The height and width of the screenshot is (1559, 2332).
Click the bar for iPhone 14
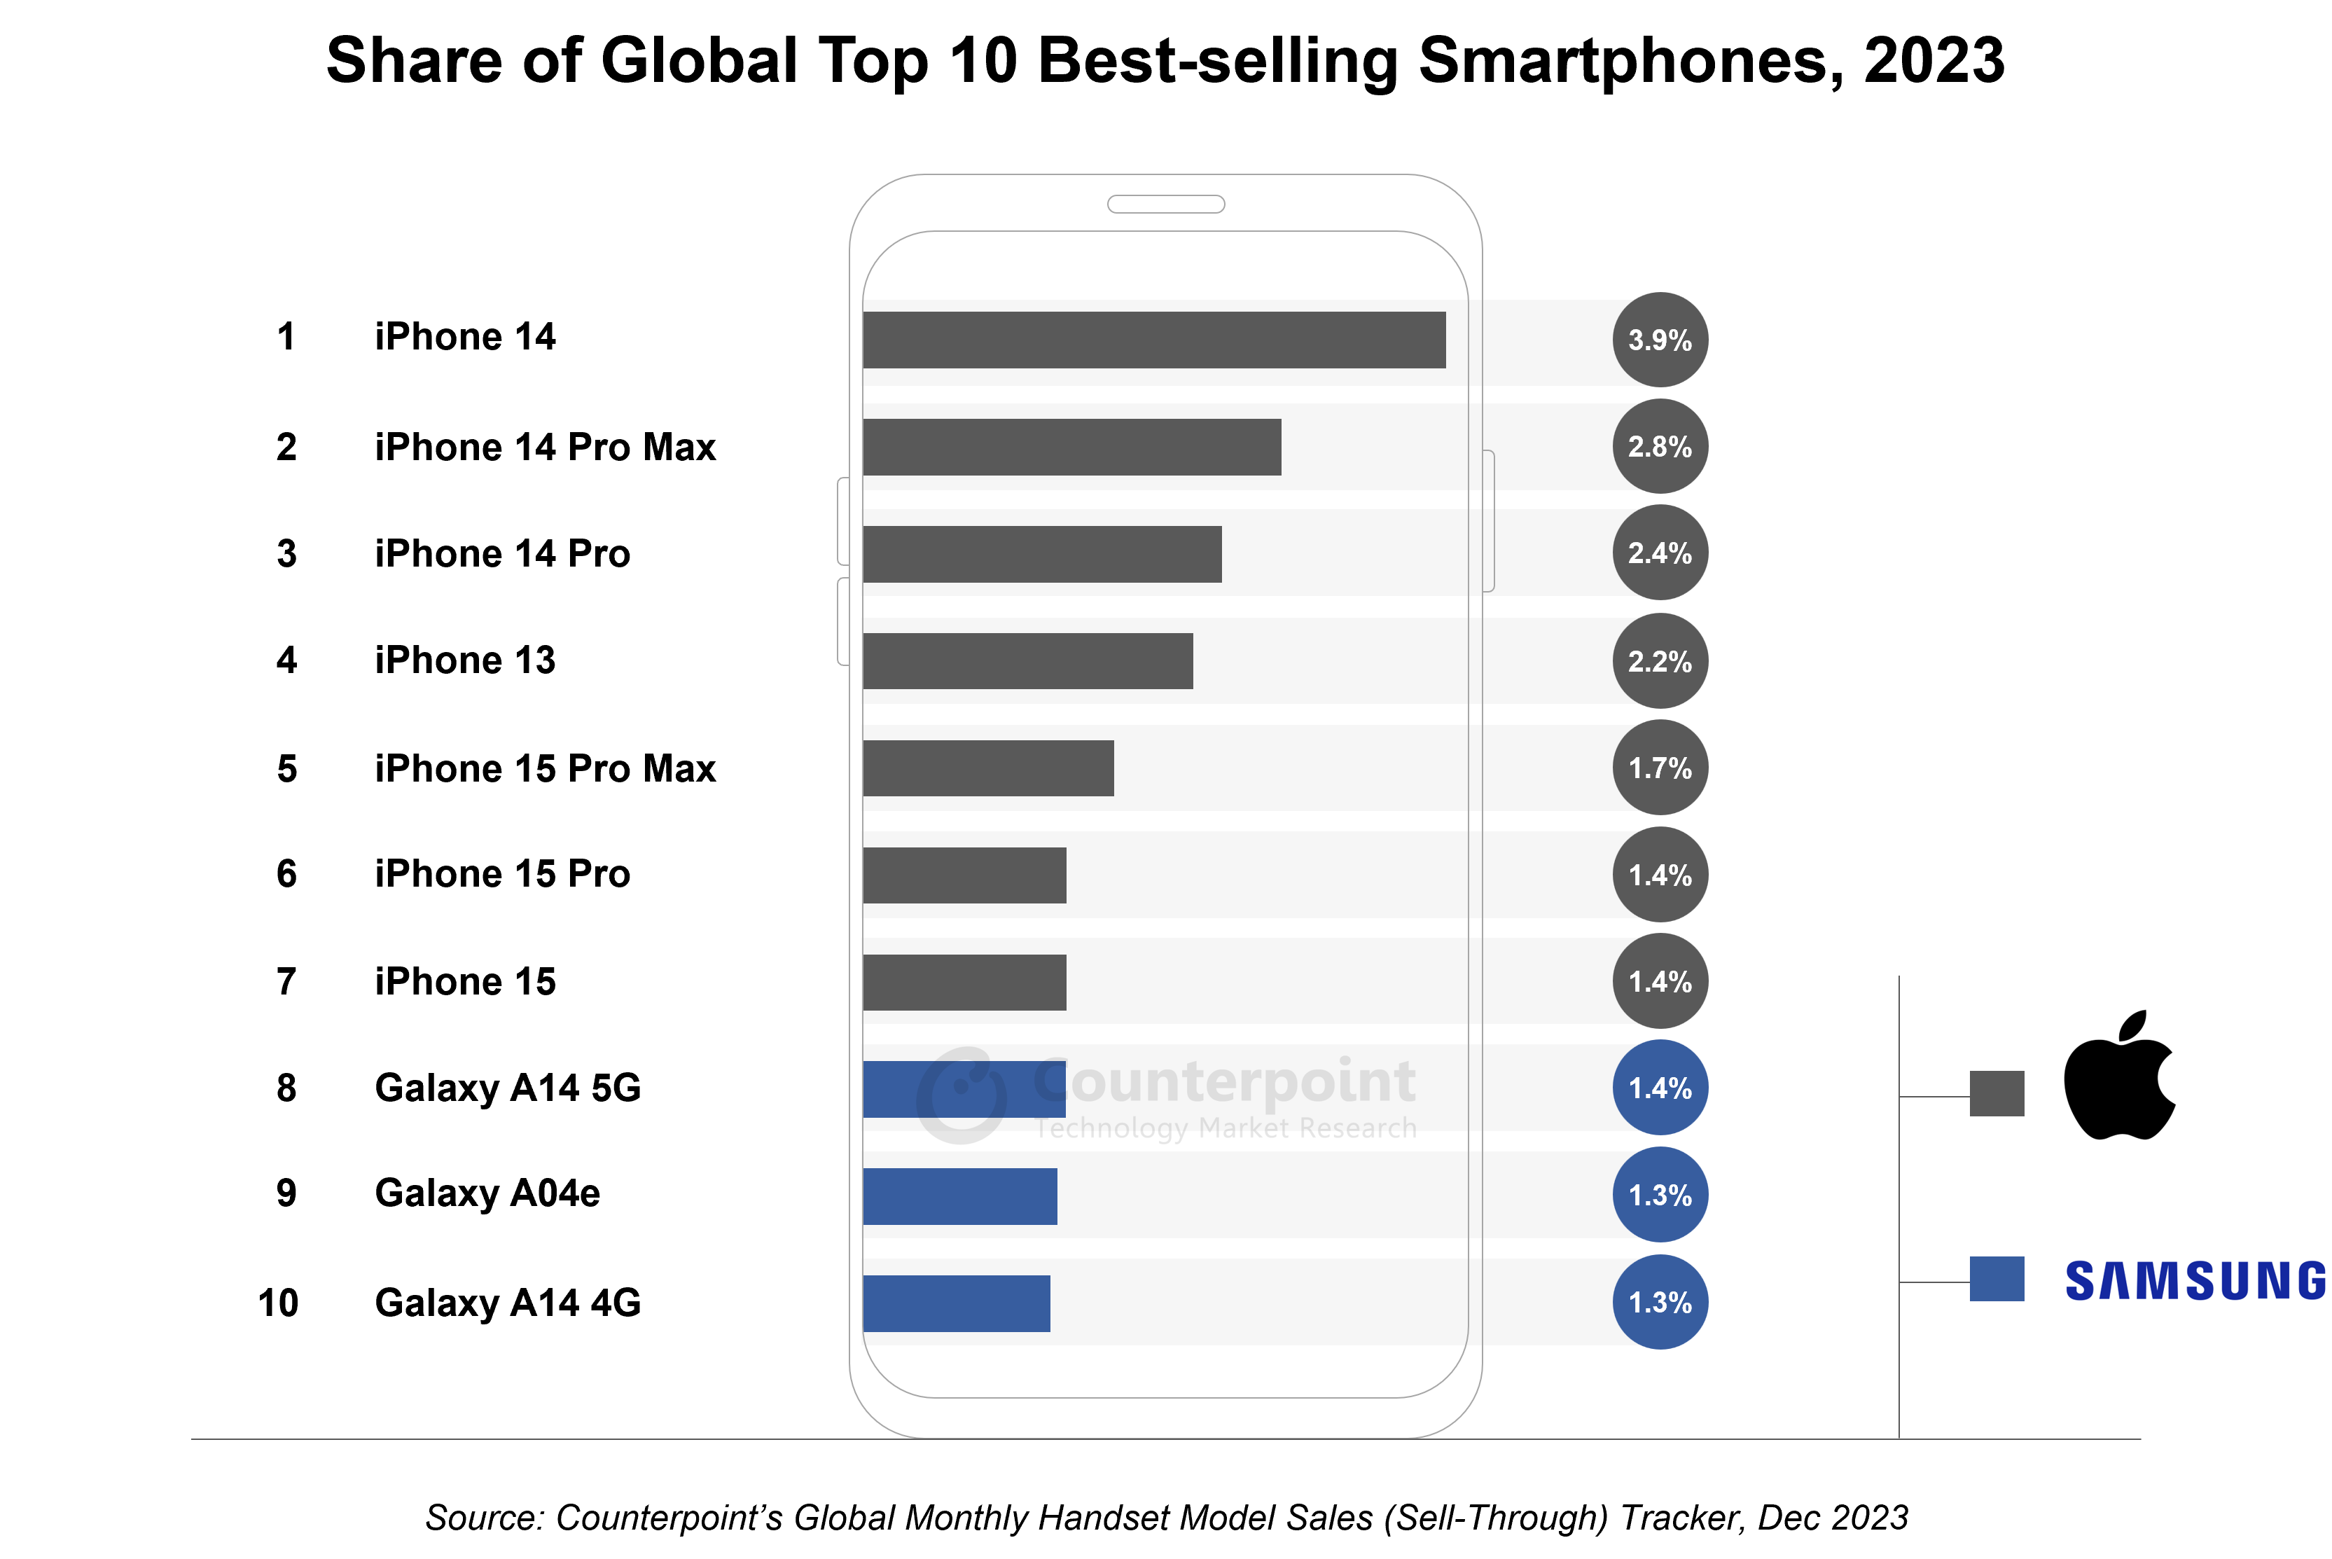(1153, 340)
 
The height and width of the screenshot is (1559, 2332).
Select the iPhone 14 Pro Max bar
(1071, 448)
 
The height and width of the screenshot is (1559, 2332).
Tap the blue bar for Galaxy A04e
(959, 1196)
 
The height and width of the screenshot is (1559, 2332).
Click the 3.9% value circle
(1659, 340)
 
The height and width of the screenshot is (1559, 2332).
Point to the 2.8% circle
(1659, 446)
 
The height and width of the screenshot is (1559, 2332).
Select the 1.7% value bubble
(1659, 768)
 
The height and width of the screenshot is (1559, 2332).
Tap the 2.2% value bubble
(1659, 661)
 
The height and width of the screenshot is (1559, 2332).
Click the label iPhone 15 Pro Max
(545, 768)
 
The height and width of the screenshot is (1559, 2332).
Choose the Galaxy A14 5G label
(507, 1088)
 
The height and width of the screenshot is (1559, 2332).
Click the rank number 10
(278, 1303)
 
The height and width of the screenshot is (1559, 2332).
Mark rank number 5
(286, 768)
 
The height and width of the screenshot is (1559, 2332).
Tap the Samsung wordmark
(2195, 1280)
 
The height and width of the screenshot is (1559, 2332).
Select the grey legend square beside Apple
(1996, 1094)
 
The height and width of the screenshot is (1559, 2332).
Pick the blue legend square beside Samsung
(1996, 1279)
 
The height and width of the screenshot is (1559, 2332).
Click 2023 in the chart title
(1934, 60)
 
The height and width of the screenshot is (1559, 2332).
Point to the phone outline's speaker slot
(1165, 204)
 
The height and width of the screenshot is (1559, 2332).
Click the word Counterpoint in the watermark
(1225, 1082)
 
